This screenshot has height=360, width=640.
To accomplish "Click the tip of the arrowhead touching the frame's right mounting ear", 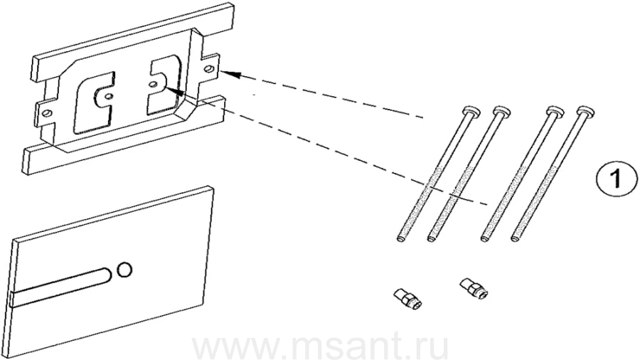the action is pyautogui.click(x=222, y=73).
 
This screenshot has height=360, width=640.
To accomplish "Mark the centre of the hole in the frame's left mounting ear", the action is pyautogui.click(x=48, y=112).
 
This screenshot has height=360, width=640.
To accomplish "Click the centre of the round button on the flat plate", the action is pyautogui.click(x=124, y=270).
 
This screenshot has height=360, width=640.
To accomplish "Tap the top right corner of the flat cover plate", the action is pyautogui.click(x=212, y=187).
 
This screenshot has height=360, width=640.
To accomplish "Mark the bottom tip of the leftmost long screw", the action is pyautogui.click(x=400, y=240).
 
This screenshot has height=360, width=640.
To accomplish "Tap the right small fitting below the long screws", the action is pyautogui.click(x=474, y=287).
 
